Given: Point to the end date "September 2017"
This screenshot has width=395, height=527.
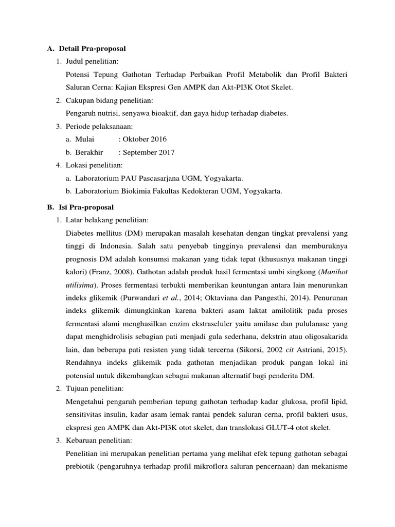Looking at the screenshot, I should (x=149, y=152).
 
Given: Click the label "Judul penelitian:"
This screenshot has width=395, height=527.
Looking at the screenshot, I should (x=92, y=62).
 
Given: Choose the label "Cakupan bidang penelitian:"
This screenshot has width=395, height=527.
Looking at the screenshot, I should (x=109, y=100).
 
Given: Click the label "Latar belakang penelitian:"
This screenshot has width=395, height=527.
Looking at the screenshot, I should (x=107, y=220).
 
